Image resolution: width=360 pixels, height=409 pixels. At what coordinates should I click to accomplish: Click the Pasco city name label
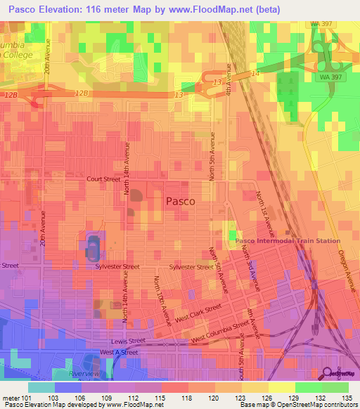coord(180,201)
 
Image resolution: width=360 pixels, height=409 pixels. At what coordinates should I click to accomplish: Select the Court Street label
coord(103,179)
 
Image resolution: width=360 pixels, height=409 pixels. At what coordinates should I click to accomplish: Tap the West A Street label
coord(116,352)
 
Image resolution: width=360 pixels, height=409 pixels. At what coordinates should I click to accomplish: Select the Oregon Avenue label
coord(349,270)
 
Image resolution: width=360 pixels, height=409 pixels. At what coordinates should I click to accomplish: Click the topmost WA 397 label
coord(321,24)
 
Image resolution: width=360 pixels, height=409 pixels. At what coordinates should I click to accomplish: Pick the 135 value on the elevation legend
coord(345,397)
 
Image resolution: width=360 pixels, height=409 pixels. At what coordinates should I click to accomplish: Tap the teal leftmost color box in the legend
coord(41,387)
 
